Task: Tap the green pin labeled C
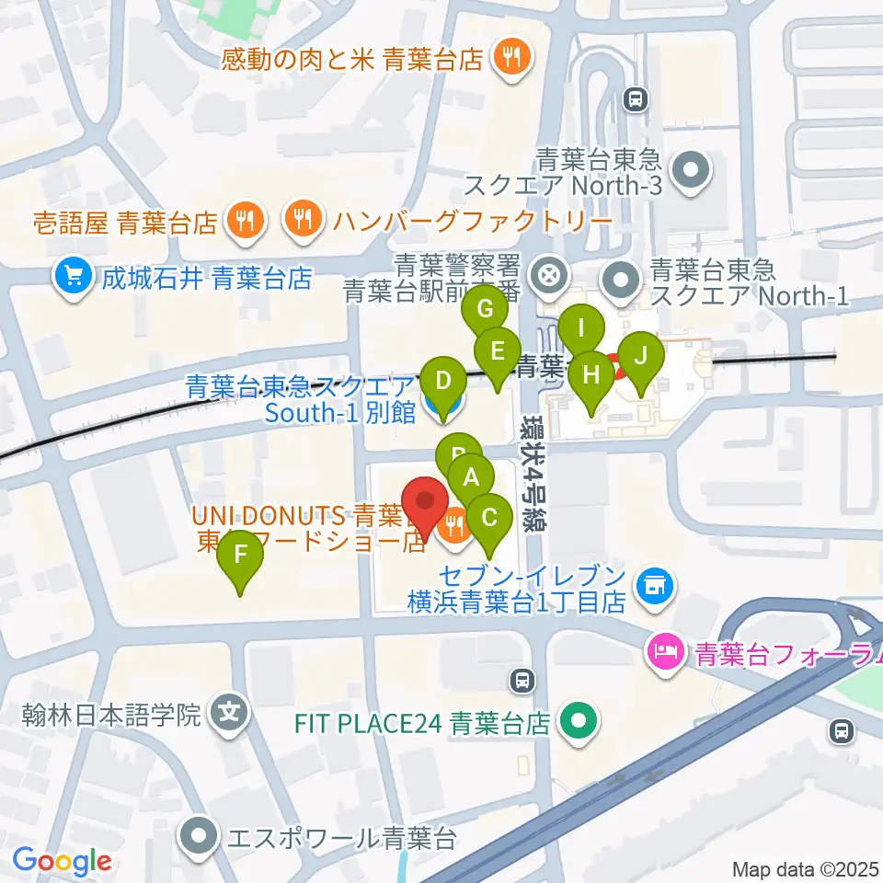tap(489, 518)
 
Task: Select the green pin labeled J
tap(640, 355)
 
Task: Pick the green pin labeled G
tap(485, 309)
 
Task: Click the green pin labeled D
tap(443, 380)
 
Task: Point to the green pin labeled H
tap(591, 375)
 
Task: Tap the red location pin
tap(426, 500)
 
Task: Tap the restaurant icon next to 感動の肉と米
tap(508, 59)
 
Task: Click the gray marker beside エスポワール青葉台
tap(200, 836)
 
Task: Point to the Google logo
tap(62, 861)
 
